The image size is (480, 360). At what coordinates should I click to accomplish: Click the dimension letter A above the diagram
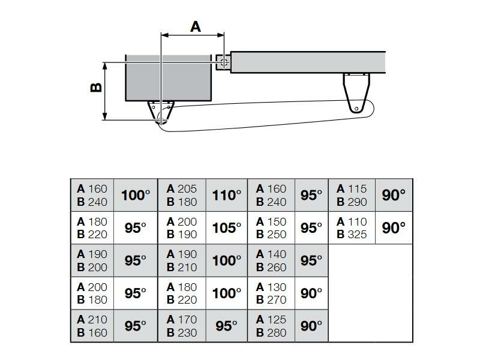pos(196,26)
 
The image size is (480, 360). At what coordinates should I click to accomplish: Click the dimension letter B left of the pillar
pos(96,87)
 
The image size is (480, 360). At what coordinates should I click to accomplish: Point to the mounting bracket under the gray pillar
pos(160,112)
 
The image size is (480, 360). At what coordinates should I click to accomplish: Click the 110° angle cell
pos(226,195)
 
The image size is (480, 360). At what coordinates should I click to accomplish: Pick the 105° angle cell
pos(226,228)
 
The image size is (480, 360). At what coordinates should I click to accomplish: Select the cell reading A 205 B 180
pos(182,195)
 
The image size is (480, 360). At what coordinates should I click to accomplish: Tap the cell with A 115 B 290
pos(352,195)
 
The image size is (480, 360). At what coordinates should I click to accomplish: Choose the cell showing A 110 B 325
pos(352,228)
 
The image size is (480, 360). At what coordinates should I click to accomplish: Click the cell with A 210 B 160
pos(92,326)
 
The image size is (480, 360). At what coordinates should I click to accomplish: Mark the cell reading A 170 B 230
pos(182,326)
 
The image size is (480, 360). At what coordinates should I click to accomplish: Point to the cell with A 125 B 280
pos(271,326)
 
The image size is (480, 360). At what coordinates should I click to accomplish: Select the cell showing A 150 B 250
pos(271,228)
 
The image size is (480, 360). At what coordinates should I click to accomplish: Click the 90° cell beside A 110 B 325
pos(394,228)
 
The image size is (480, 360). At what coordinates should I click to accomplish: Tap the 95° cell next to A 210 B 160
pos(135,326)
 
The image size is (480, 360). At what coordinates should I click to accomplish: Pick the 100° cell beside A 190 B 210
pos(226,260)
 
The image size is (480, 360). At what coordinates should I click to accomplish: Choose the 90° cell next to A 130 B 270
pos(311,293)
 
